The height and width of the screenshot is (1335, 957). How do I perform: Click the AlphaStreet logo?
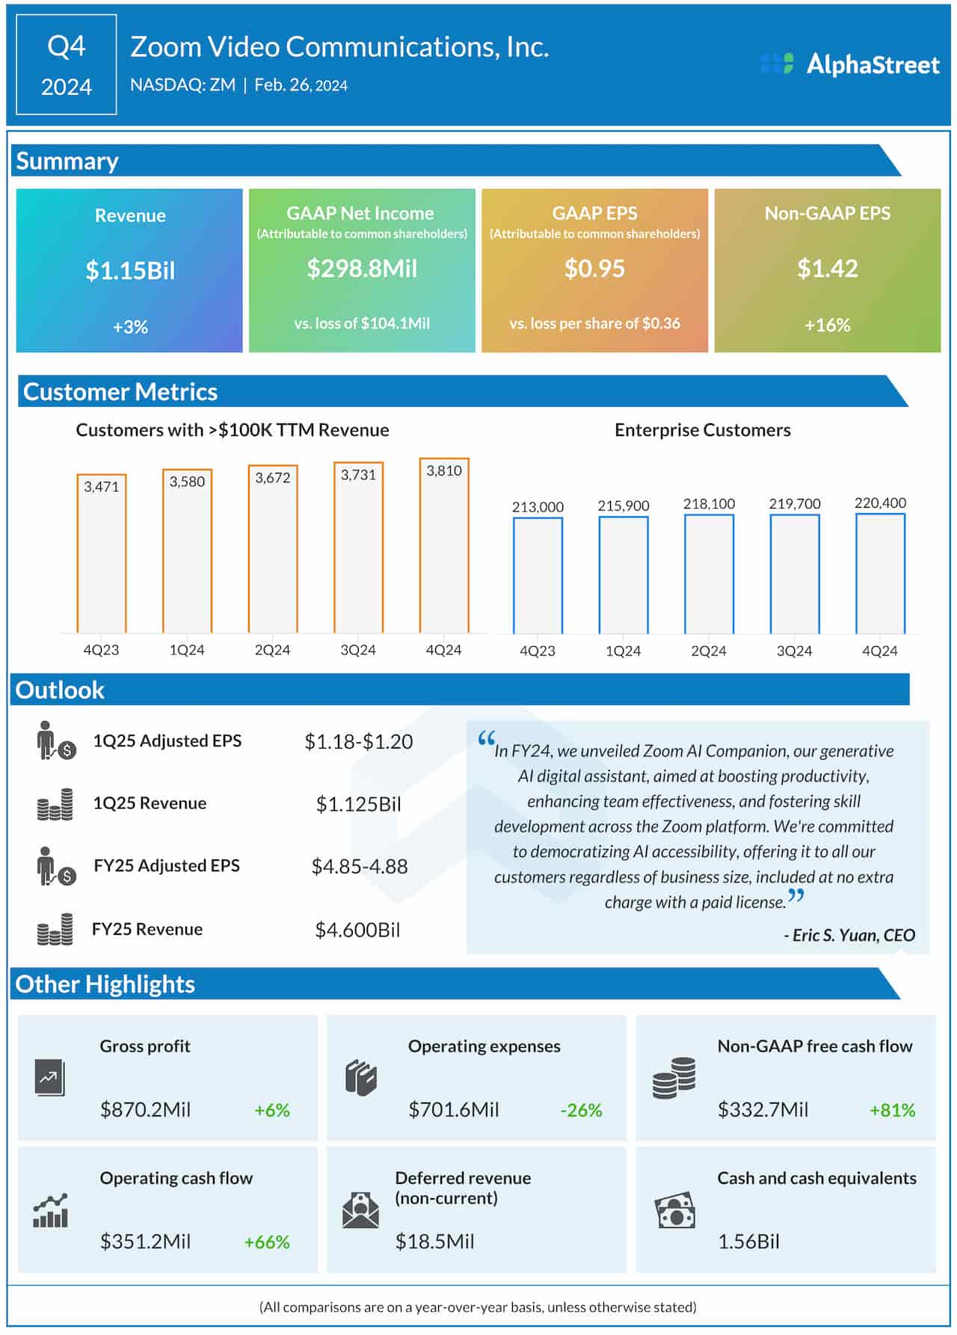(x=849, y=64)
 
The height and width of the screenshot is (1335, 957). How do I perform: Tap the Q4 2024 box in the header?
(x=67, y=65)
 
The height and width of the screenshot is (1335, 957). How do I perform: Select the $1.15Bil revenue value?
(x=130, y=270)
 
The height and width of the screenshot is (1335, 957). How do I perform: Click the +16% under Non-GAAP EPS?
(x=827, y=325)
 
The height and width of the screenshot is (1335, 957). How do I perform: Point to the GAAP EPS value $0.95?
(x=594, y=268)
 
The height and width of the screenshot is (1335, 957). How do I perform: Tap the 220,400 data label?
(x=880, y=503)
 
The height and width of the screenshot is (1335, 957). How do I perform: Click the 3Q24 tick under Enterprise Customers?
(x=794, y=651)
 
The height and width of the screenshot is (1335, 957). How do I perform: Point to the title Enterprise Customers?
(x=702, y=430)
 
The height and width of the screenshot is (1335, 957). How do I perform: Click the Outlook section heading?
(x=60, y=690)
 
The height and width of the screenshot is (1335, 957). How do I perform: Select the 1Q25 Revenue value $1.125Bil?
(x=358, y=804)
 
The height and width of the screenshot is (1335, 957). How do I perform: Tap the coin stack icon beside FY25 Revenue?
(x=55, y=930)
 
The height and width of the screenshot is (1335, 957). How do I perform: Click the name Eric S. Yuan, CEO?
(x=849, y=935)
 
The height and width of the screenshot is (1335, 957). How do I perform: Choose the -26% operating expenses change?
(x=581, y=1110)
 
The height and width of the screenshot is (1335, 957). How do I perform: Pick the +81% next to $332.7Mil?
(x=892, y=1110)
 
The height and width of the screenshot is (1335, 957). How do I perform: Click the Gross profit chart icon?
(x=50, y=1078)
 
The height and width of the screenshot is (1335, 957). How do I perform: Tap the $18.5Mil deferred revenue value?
(x=434, y=1242)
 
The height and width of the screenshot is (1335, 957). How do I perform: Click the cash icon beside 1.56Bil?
(x=674, y=1210)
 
